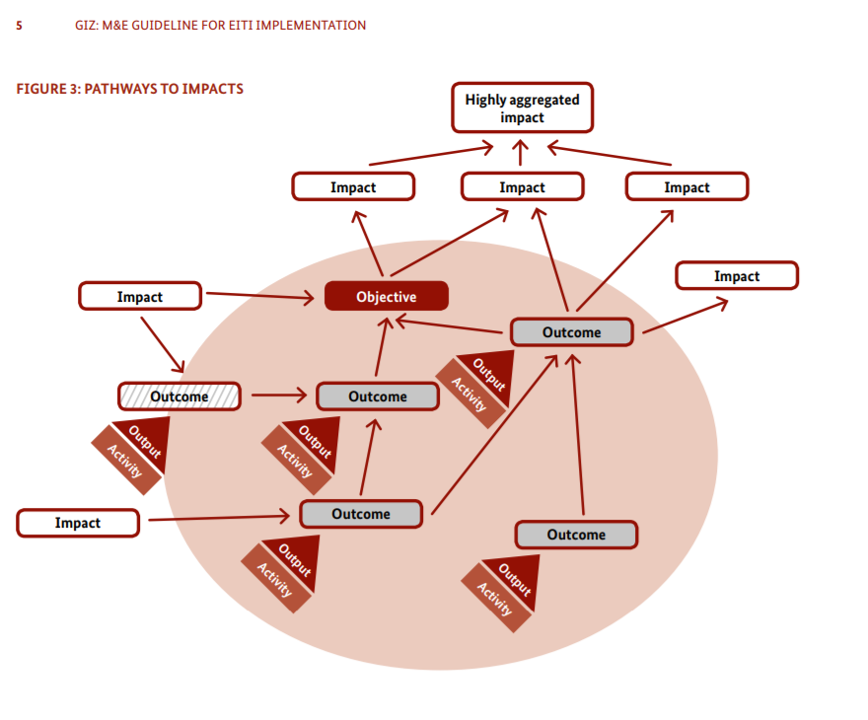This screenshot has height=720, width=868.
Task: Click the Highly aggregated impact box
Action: click(522, 108)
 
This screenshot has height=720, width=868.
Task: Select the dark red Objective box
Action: click(387, 296)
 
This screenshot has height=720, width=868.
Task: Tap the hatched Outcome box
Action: click(179, 396)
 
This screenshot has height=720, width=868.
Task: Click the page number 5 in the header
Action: click(19, 26)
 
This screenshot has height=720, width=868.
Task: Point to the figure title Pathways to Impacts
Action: click(129, 89)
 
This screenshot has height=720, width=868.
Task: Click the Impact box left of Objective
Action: click(140, 296)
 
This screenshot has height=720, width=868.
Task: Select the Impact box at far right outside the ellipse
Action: click(736, 276)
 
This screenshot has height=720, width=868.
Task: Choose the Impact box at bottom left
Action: click(78, 523)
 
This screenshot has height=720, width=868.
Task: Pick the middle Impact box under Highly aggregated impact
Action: click(522, 187)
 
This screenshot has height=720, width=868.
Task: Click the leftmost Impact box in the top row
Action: click(353, 187)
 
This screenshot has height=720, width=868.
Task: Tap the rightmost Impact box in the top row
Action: click(687, 187)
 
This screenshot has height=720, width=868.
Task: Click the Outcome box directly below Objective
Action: click(377, 396)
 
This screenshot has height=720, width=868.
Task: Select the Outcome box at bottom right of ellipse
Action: click(576, 535)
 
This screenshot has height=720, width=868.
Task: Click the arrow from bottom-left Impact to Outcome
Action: click(217, 517)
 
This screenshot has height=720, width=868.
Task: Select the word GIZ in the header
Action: click(86, 26)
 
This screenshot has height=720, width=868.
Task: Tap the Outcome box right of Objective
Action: click(571, 332)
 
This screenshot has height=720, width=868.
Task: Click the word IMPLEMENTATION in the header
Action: click(310, 26)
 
